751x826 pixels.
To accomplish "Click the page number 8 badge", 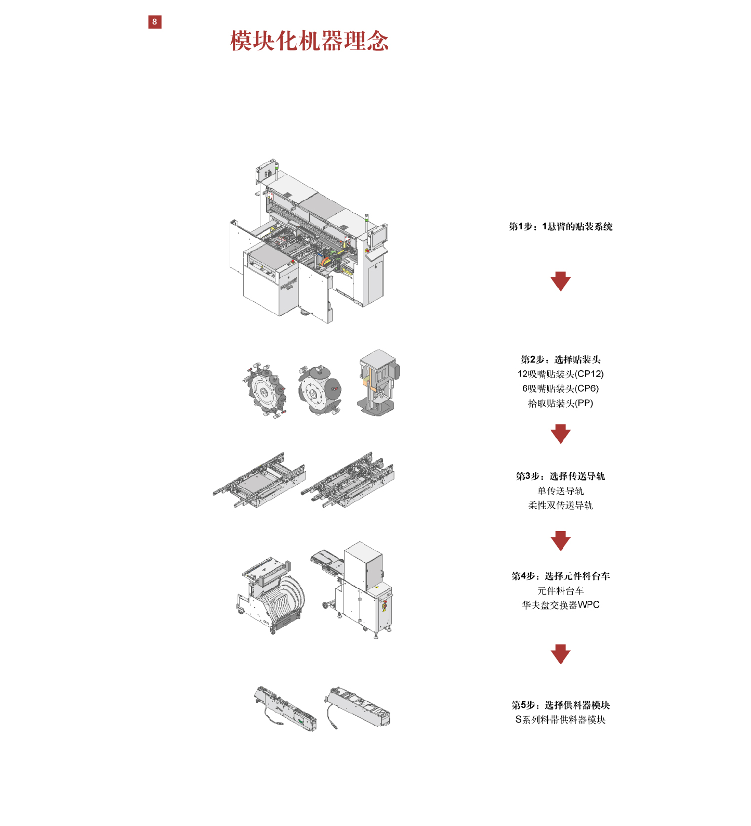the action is (x=154, y=22).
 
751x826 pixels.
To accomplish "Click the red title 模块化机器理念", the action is (x=309, y=41).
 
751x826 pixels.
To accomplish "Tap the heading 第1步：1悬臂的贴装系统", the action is (x=560, y=226).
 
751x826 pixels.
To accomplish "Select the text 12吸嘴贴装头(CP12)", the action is (x=560, y=374).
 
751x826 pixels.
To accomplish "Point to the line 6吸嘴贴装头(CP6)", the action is (x=560, y=389).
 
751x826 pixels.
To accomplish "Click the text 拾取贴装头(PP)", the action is (x=560, y=403).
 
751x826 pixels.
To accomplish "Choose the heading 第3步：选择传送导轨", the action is (x=560, y=476).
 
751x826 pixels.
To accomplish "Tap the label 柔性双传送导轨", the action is (x=560, y=505).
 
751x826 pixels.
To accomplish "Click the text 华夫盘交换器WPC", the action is (x=560, y=605).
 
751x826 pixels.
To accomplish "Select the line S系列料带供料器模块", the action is (x=560, y=719).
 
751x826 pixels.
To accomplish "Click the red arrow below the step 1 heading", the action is (x=560, y=281).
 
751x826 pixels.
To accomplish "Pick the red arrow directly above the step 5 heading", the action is (x=560, y=654).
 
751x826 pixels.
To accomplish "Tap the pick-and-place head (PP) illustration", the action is (x=378, y=382).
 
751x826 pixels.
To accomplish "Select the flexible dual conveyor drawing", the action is (x=348, y=481).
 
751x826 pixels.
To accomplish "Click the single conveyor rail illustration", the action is (x=260, y=481).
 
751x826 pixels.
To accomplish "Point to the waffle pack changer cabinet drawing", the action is (x=359, y=588).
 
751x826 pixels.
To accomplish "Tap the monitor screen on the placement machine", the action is (x=378, y=235).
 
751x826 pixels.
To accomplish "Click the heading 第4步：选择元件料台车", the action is (x=560, y=576).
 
